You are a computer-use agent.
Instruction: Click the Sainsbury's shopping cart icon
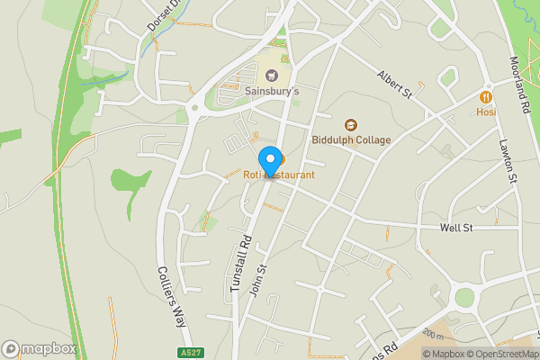272,75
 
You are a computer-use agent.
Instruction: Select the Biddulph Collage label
351,139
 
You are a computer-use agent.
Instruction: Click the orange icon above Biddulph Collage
351,124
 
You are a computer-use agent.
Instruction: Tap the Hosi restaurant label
486,112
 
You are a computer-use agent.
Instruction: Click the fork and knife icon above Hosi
486,96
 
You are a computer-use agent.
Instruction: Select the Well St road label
456,228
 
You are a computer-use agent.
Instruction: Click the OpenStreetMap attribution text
499,353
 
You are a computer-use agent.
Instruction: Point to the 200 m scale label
433,336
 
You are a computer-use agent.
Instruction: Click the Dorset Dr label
158,19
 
